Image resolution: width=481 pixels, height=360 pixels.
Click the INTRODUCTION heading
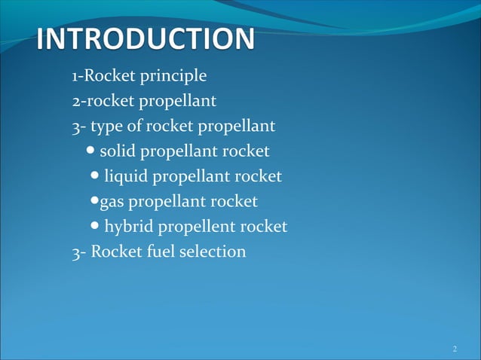pos(146,39)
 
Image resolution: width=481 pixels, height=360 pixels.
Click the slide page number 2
pos(455,348)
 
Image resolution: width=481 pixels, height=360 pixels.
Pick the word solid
pos(118,151)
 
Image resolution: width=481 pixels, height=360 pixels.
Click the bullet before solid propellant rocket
pos(91,151)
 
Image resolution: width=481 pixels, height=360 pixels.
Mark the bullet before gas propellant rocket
pos(94,201)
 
